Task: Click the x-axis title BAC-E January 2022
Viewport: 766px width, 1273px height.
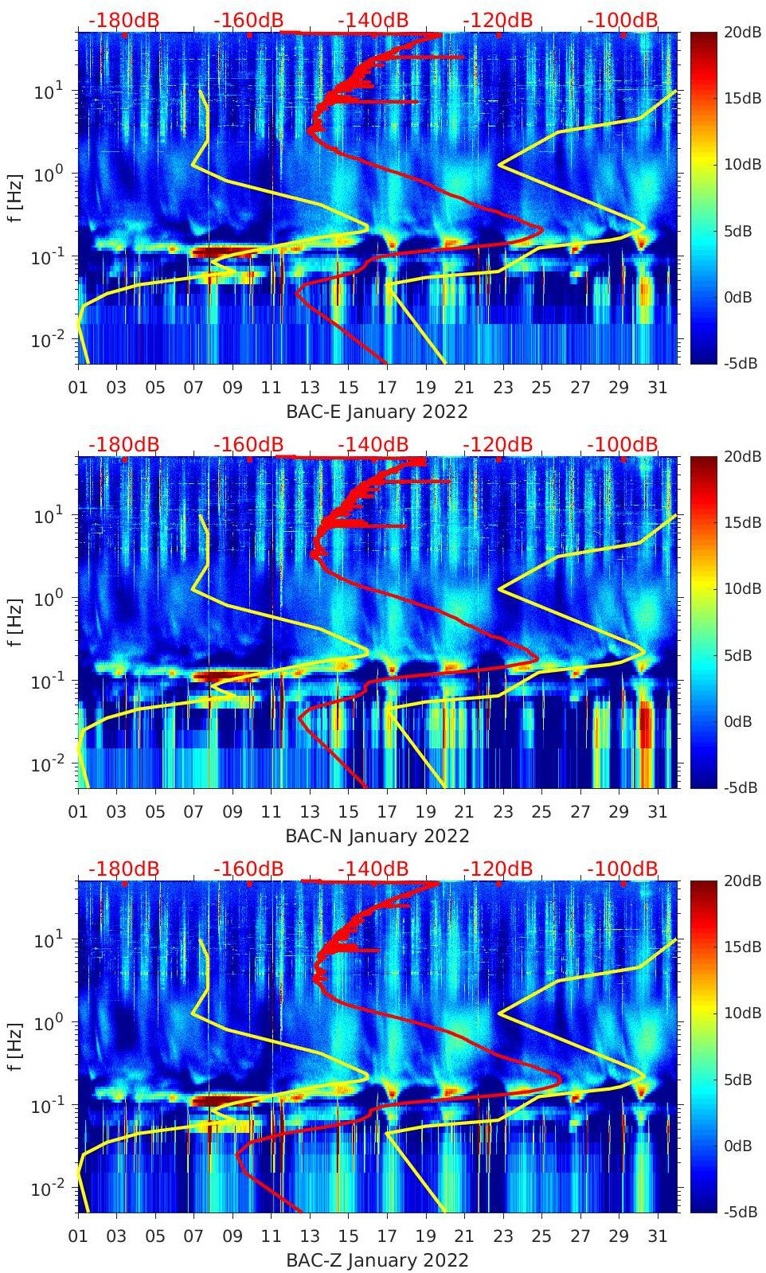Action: [x=377, y=412]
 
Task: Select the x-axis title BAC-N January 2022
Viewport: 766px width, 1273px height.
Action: [x=377, y=836]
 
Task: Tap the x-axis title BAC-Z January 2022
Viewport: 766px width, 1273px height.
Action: [x=377, y=1260]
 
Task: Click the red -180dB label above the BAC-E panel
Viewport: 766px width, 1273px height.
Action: [x=123, y=20]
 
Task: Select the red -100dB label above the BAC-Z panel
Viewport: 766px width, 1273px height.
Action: [x=623, y=869]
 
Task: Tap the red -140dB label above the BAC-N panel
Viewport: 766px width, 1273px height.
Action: [x=373, y=444]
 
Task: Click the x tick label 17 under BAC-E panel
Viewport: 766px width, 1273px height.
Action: [x=387, y=388]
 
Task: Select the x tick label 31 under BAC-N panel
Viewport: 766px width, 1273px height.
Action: [x=657, y=812]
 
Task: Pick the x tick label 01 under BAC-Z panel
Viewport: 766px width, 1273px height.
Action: [x=78, y=1236]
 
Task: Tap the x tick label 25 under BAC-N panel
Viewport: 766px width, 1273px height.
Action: [x=541, y=812]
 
